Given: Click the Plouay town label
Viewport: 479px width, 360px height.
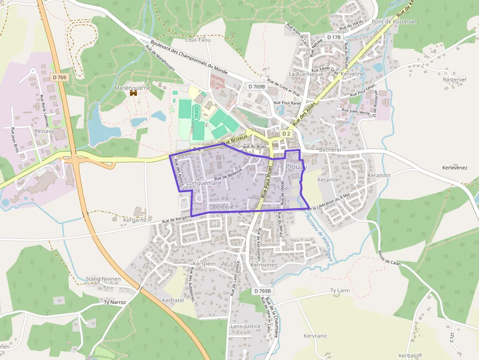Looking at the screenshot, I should pyautogui.click(x=296, y=167).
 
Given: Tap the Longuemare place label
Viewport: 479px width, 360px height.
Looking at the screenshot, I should pyautogui.click(x=204, y=183).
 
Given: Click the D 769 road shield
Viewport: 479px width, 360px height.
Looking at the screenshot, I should pyautogui.click(x=60, y=77).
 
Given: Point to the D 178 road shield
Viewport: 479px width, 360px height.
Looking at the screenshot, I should pyautogui.click(x=334, y=37).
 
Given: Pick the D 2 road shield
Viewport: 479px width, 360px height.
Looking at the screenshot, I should pyautogui.click(x=286, y=134).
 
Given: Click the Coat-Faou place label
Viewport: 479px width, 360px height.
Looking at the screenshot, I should pyautogui.click(x=198, y=40).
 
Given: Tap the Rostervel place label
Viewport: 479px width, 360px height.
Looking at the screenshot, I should pyautogui.click(x=455, y=80).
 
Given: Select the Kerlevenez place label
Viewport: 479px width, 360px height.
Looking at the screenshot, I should pyautogui.click(x=455, y=168).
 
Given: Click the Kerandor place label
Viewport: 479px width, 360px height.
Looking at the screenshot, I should pyautogui.click(x=379, y=175).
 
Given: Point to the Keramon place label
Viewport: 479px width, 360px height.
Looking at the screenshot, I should pyautogui.click(x=328, y=180).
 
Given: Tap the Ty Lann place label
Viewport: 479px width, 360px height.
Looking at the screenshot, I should pyautogui.click(x=340, y=291).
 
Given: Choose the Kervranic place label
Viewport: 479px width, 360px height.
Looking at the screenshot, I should pyautogui.click(x=315, y=336).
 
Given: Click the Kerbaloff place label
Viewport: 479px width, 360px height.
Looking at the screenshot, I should pyautogui.click(x=410, y=355).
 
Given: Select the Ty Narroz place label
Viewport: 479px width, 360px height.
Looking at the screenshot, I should pyautogui.click(x=115, y=302).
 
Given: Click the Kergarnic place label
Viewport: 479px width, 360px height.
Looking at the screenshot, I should pyautogui.click(x=136, y=220).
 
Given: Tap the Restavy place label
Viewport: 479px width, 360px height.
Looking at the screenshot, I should pyautogui.click(x=44, y=131).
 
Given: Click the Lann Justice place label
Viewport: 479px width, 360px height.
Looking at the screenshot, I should pyautogui.click(x=245, y=326).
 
